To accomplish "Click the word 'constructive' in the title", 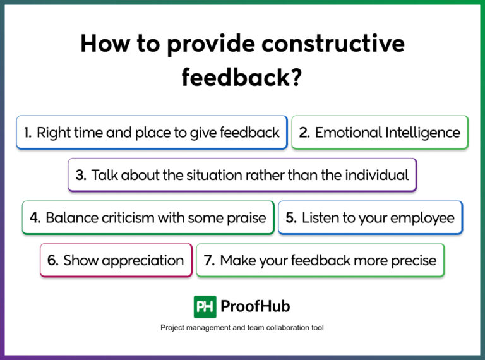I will [x=332, y=44].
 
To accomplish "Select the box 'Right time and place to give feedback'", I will [x=152, y=132].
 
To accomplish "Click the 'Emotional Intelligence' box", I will [x=380, y=132].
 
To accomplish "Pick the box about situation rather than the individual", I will [x=242, y=175].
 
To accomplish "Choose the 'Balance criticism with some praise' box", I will [x=148, y=218].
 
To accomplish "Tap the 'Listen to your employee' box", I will [x=370, y=218].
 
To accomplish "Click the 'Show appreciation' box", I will [x=116, y=260].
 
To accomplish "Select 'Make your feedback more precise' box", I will [x=320, y=260].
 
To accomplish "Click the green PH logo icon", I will [x=205, y=307].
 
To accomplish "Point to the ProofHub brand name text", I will [x=255, y=307].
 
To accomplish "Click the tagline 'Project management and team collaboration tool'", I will [x=242, y=328].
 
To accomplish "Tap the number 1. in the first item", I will [x=28, y=132].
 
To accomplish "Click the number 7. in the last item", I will [x=210, y=260].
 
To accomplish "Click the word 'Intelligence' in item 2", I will [x=417, y=132].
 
